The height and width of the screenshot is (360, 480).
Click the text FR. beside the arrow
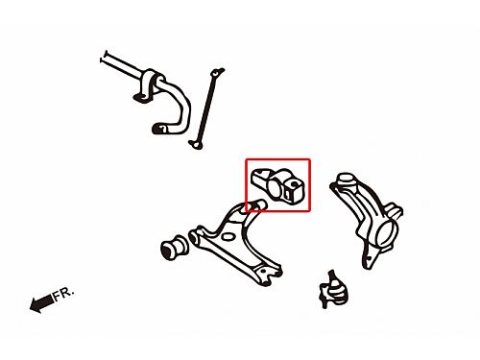point(63,295)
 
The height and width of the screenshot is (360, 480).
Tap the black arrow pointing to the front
point(41,302)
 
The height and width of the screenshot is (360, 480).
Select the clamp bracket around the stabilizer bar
point(148,85)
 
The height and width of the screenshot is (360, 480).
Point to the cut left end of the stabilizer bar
point(104,57)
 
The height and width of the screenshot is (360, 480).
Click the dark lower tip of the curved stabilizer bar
point(157,129)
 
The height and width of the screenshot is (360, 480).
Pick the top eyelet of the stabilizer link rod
point(217,73)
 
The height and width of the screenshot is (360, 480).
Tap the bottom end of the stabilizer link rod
point(196,145)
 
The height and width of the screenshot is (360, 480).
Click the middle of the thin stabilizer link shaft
point(206,108)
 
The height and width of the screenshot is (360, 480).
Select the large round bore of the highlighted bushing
point(274,188)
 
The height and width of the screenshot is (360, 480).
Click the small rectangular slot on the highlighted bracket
point(288,193)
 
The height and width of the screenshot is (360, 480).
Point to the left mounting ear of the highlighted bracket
point(258,177)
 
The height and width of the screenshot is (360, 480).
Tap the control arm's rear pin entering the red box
point(257,205)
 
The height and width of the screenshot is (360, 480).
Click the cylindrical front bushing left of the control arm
point(173,248)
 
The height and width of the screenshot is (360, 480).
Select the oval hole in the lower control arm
point(228,237)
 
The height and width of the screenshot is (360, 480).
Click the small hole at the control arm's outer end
point(264,271)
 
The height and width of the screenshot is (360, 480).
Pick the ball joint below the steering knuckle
point(333,290)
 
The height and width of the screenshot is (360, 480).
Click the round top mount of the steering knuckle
point(346,180)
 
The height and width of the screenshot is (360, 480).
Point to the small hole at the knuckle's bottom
point(369,258)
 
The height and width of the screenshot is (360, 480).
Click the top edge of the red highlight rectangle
point(277,159)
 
